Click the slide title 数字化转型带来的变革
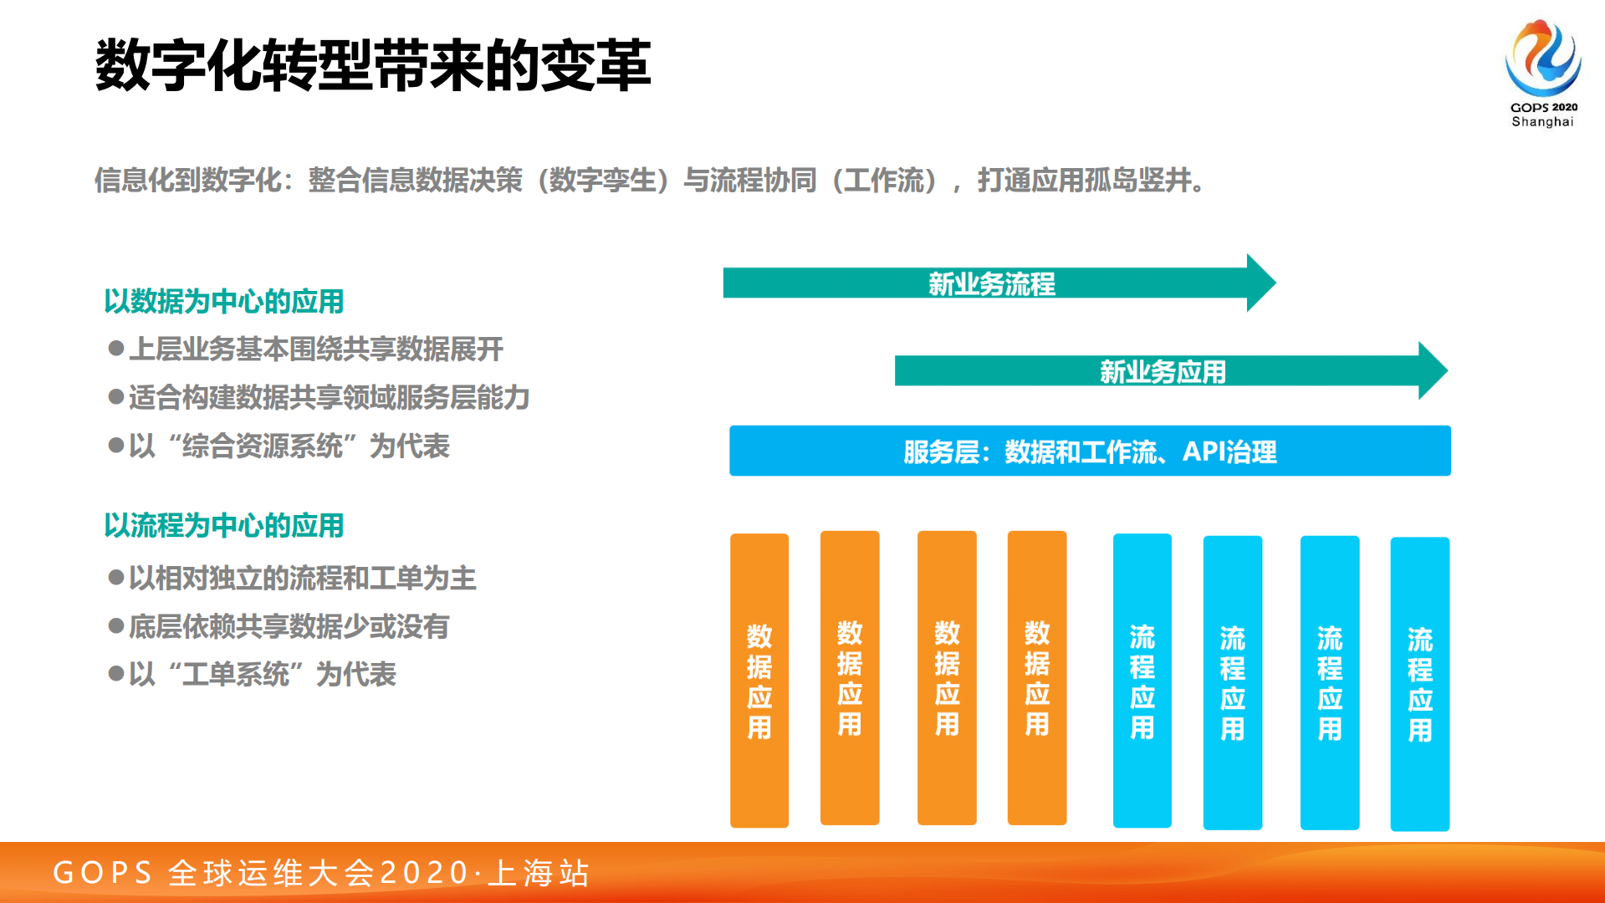[373, 65]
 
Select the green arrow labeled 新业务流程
[991, 283]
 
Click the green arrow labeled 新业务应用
[1163, 370]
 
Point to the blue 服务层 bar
[1090, 451]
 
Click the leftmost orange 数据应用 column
[759, 680]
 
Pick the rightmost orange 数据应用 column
[1037, 678]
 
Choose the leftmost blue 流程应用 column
[1142, 680]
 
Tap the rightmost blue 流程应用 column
[1419, 683]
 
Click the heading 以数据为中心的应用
[223, 301]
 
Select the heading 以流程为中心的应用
[223, 525]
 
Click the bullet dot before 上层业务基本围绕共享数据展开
[116, 348]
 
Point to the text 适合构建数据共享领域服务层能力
[329, 397]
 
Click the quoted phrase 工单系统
[235, 674]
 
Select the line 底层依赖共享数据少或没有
[289, 626]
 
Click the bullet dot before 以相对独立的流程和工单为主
[116, 577]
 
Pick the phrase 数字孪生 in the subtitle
[602, 180]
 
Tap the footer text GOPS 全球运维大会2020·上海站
[321, 872]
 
